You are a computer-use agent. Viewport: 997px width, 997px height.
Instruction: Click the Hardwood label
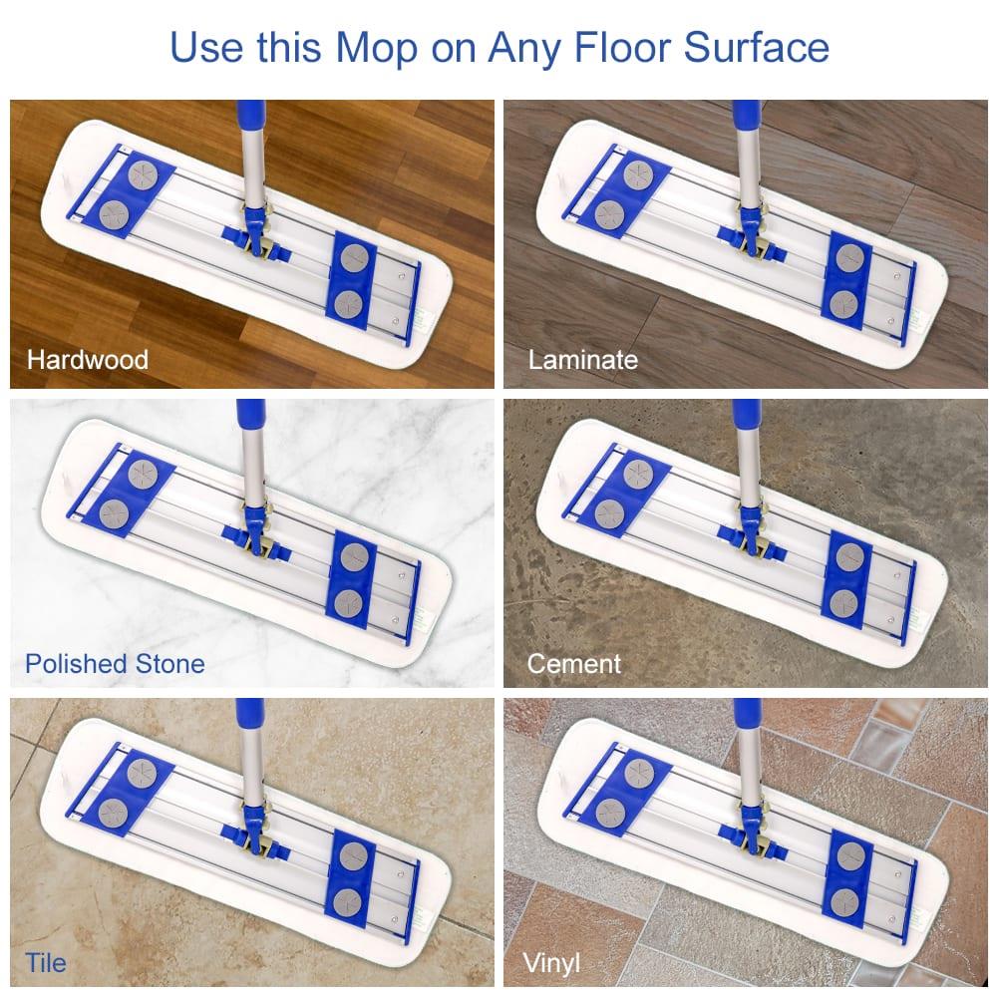click(88, 359)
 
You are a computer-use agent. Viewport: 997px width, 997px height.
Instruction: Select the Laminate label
click(582, 359)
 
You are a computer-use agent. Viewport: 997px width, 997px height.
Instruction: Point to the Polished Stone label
click(115, 663)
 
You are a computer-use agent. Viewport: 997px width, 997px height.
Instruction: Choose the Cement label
click(574, 663)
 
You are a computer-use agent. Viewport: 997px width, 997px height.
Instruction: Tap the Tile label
click(46, 962)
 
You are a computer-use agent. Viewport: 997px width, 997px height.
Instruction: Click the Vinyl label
click(551, 963)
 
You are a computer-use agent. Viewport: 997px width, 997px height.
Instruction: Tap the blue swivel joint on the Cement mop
click(750, 536)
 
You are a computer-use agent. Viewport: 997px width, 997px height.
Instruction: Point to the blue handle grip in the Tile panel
click(251, 716)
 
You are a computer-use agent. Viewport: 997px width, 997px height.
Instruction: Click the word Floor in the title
click(626, 47)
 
